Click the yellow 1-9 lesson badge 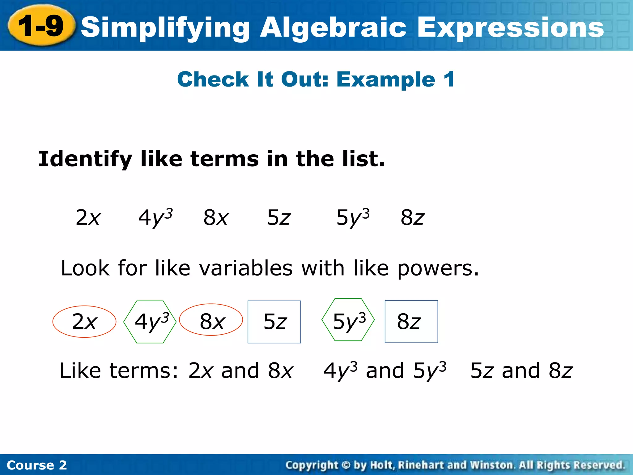(41, 26)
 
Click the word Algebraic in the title (333, 28)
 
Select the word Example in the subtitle (385, 79)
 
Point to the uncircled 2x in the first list (88, 217)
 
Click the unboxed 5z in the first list (278, 217)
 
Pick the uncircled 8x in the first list (216, 217)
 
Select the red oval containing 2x (84, 322)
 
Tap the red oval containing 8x (211, 320)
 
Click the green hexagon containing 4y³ (150, 322)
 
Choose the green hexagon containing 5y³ (348, 320)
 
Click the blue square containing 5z (274, 322)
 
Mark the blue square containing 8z (411, 322)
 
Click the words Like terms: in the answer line (119, 370)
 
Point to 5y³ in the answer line (430, 370)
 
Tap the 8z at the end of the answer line (560, 370)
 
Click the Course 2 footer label (36, 465)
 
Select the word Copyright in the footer (312, 465)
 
